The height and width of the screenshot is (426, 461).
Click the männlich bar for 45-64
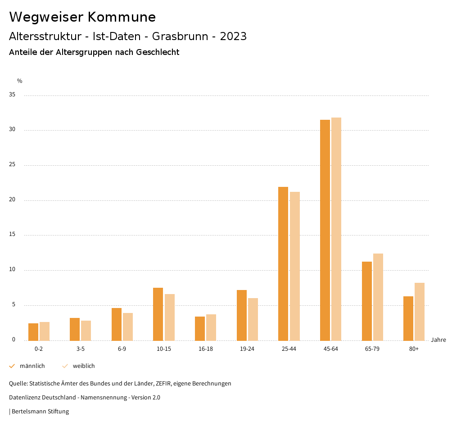coord(325,230)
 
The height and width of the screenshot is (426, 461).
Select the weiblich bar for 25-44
coord(295,266)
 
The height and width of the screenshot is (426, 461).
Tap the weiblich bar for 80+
coord(420,311)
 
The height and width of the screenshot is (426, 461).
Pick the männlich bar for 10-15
coord(158,314)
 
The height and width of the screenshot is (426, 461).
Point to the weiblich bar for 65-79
coord(378,297)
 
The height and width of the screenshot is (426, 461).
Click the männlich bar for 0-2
coord(33,332)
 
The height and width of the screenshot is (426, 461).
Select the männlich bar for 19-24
coord(242,315)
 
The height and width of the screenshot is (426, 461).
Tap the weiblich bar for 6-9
coord(128,326)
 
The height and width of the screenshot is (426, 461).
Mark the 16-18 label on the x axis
coord(205,349)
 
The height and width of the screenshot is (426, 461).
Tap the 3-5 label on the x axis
coord(81,349)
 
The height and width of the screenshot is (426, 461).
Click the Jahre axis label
coord(438,340)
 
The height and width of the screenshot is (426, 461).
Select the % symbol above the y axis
coord(20,81)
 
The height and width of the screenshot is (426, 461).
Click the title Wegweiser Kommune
coord(82,17)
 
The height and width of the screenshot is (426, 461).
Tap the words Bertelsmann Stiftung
coord(40,412)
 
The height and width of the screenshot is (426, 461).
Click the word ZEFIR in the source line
coord(162,384)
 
